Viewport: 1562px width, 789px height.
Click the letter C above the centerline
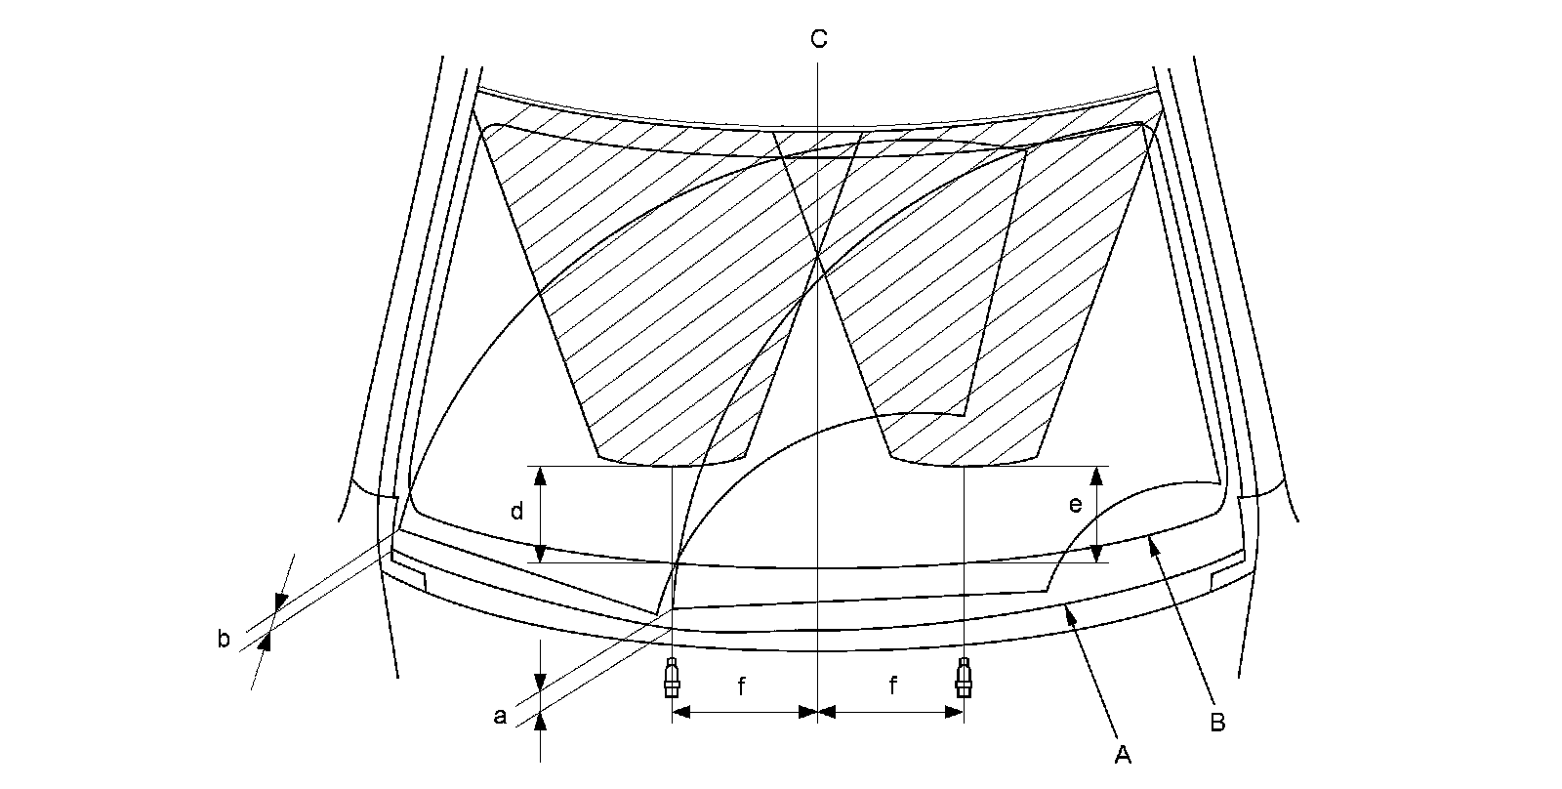point(818,39)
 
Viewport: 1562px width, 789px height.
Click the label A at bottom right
point(1123,754)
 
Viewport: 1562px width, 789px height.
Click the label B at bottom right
point(1217,723)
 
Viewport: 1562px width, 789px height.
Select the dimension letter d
point(517,511)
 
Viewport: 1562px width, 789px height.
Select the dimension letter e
point(1075,505)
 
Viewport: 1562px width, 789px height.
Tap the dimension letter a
point(501,717)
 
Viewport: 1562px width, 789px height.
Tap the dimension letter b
point(224,640)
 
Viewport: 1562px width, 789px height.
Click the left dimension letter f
point(741,687)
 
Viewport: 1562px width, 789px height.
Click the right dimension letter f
point(892,687)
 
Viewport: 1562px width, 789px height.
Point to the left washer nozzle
point(672,677)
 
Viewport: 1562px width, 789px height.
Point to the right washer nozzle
point(964,677)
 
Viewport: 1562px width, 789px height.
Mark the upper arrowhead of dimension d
point(539,475)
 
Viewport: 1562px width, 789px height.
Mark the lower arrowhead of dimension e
point(1098,555)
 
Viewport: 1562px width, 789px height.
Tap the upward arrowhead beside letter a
point(540,721)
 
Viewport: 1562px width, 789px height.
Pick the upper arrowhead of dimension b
point(280,602)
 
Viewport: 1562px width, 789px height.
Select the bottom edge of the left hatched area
point(672,465)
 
